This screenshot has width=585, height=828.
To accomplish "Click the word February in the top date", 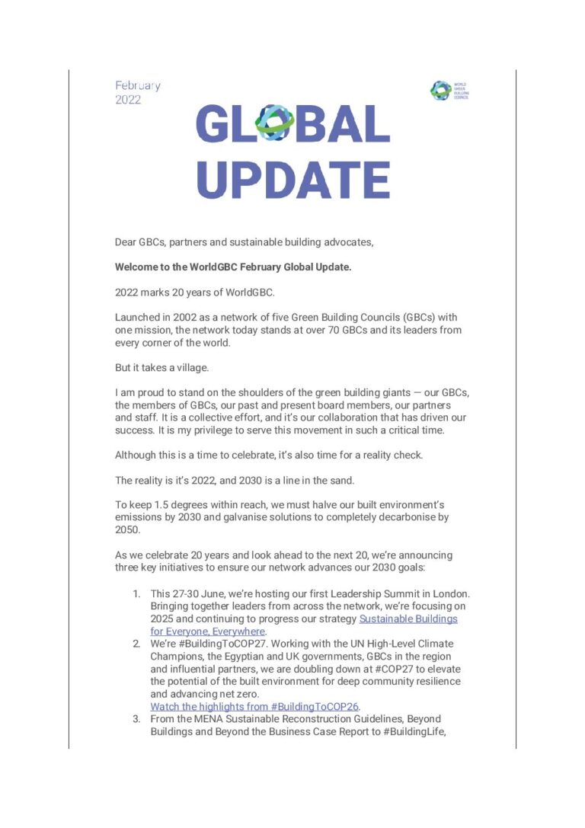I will pos(137,86).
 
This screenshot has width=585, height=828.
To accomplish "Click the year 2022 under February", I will pos(128,100).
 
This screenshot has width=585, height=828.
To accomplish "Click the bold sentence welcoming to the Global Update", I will pos(233,267).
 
